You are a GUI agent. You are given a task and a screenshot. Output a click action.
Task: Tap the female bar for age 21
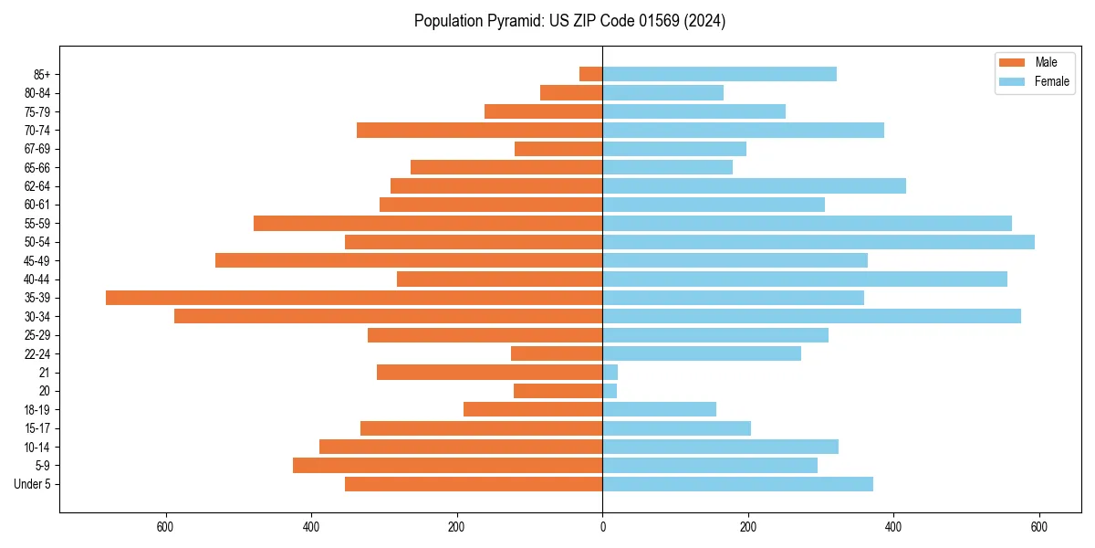pyautogui.click(x=610, y=373)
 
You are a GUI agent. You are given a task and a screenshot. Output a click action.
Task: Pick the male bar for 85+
pyautogui.click(x=591, y=74)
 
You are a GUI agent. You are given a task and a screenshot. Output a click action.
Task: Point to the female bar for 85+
pyautogui.click(x=719, y=74)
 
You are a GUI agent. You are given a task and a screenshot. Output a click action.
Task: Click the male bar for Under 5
pyautogui.click(x=474, y=484)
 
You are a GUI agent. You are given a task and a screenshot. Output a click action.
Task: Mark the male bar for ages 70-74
pyautogui.click(x=479, y=130)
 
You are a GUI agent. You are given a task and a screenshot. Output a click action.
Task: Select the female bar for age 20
pyautogui.click(x=610, y=391)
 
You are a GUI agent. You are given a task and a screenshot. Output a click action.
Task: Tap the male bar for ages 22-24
pyautogui.click(x=557, y=353)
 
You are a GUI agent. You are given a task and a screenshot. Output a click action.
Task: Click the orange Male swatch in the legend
pyautogui.click(x=1013, y=62)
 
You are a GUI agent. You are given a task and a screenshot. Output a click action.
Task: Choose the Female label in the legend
pyautogui.click(x=1052, y=82)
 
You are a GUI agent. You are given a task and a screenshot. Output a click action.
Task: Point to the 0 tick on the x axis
pyautogui.click(x=602, y=528)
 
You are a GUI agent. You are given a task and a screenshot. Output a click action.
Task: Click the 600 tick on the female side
pyautogui.click(x=1038, y=528)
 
